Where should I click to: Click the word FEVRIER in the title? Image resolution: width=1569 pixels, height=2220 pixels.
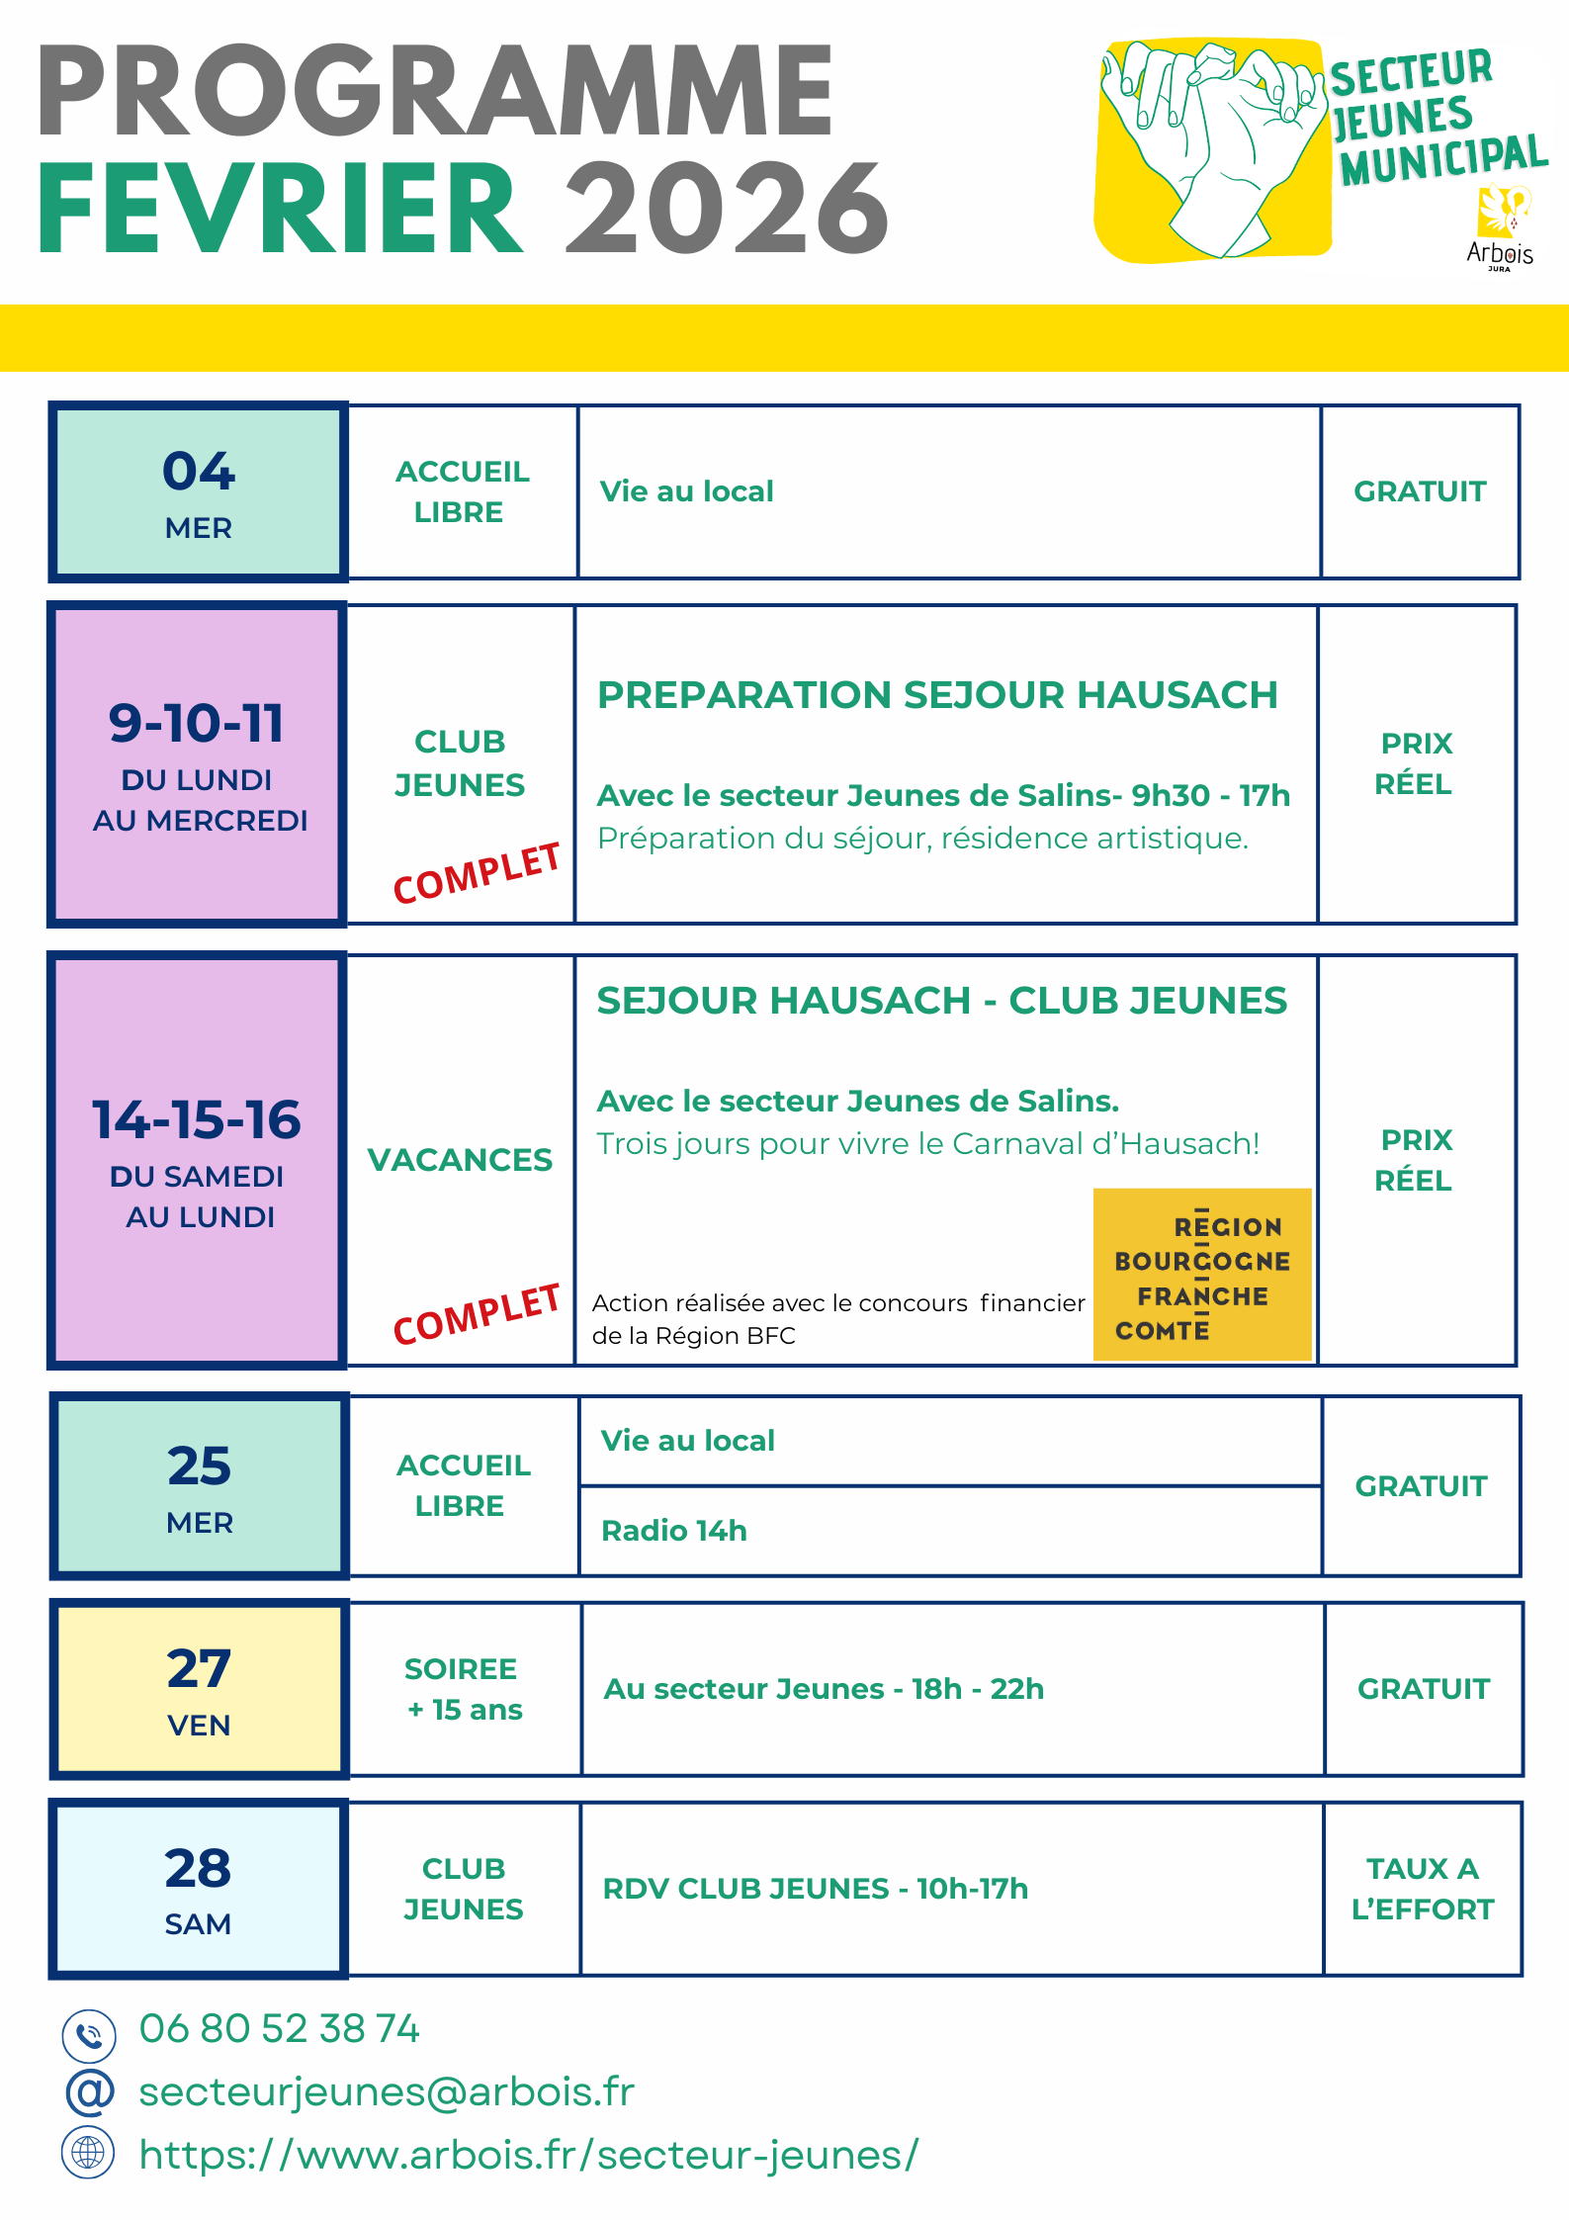279,210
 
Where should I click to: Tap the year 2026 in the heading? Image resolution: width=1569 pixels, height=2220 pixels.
726,210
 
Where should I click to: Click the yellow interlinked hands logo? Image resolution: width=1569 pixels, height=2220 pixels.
1212,150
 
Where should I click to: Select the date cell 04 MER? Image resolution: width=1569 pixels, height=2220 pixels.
199,492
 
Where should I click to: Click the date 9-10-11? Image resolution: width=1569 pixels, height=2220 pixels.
197,724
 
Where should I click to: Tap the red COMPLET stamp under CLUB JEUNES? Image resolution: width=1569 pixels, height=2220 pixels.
477,872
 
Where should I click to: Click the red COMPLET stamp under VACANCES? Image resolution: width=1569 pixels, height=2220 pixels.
477,1314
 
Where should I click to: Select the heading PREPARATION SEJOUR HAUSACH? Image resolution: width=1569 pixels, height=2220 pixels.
937,695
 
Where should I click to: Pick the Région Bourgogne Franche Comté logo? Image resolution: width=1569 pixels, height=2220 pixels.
1202,1275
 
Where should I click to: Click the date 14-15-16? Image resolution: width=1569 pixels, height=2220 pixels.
197,1120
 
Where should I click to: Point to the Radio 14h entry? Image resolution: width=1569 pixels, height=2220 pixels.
674,1531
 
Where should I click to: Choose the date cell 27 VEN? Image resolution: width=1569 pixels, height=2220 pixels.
199,1689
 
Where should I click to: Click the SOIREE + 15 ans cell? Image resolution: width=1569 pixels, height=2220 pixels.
463,1689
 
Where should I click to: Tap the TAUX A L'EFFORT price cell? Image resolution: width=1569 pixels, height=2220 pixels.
1423,1889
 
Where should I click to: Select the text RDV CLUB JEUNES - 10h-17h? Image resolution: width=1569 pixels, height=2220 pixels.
816,1889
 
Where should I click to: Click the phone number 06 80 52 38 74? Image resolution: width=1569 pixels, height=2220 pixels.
280,2029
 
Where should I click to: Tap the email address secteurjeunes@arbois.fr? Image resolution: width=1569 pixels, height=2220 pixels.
387,2092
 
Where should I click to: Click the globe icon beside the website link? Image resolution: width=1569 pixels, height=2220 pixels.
89,2153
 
